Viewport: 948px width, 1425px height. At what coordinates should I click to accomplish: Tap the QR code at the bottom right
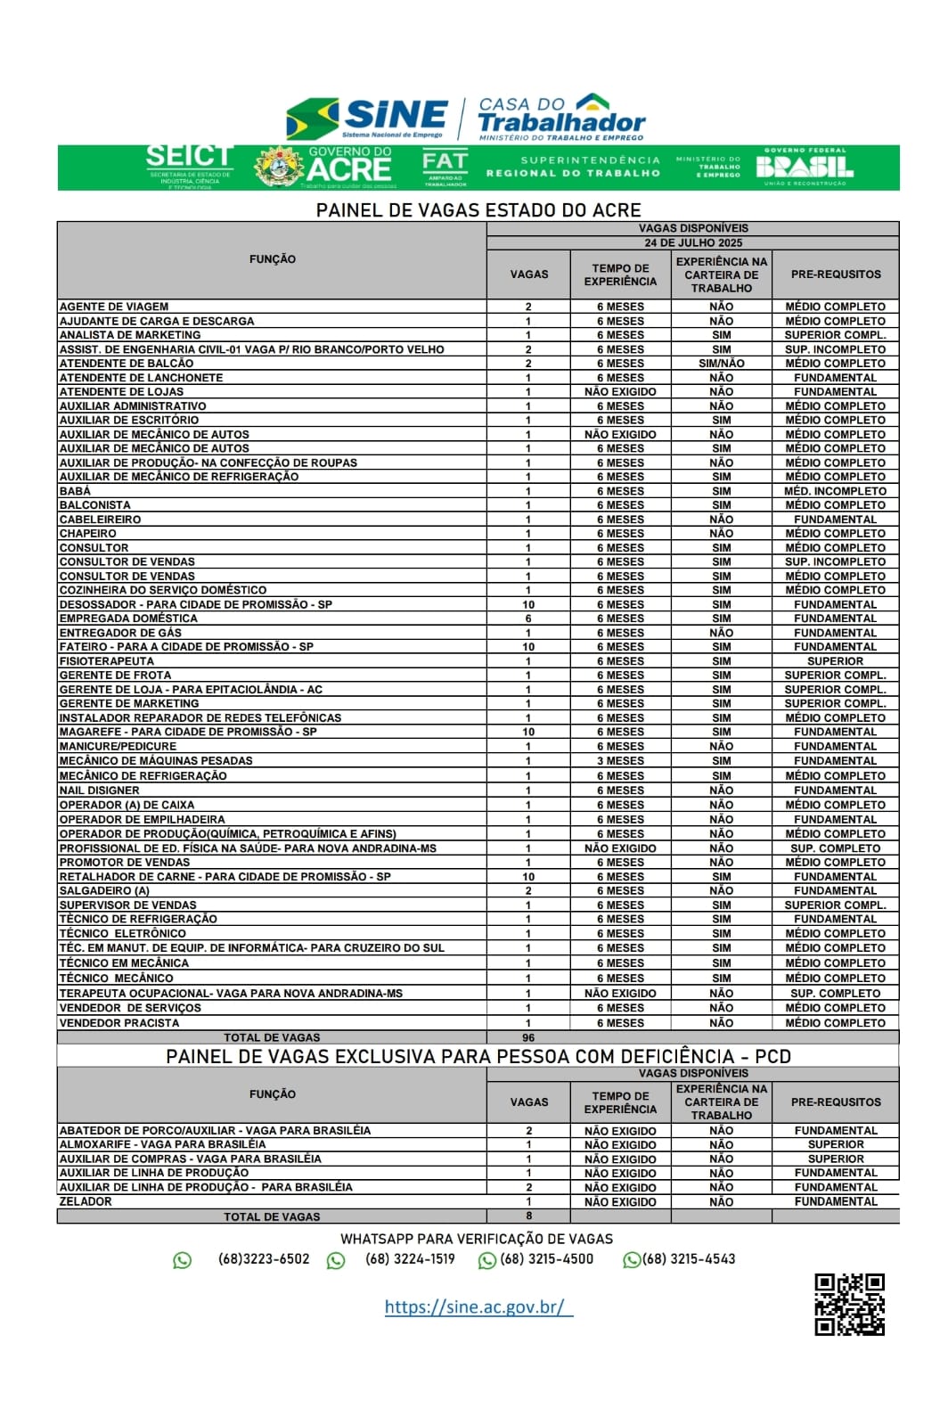[x=849, y=1304]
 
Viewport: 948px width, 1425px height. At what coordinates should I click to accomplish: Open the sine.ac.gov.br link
[x=478, y=1306]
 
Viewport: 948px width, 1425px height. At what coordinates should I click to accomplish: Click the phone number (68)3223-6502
[x=264, y=1259]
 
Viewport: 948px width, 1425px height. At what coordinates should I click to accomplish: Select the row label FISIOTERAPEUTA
[x=106, y=661]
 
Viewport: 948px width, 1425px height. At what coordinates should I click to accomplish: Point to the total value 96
[x=528, y=1037]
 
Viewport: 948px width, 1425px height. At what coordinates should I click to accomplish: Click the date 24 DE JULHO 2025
[x=693, y=242]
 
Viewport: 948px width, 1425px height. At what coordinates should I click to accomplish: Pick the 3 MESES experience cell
[x=620, y=761]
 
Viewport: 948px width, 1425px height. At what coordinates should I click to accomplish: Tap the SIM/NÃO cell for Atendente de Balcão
[x=721, y=364]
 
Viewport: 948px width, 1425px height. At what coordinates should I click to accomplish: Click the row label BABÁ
[x=75, y=491]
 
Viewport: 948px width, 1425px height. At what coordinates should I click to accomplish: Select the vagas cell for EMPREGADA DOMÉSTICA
[x=528, y=618]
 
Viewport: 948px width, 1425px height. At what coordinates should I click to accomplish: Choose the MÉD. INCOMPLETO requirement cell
[x=835, y=491]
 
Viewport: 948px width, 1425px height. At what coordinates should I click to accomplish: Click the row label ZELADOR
[x=86, y=1201]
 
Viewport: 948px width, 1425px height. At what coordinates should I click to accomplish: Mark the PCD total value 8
[x=528, y=1216]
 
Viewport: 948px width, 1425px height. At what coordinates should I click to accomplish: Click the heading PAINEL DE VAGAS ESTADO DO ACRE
[x=478, y=210]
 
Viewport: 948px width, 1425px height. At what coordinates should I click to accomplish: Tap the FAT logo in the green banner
[x=444, y=168]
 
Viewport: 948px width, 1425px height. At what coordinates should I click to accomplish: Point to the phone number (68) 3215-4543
[x=689, y=1259]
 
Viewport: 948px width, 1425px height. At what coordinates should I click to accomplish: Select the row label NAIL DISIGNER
[x=99, y=790]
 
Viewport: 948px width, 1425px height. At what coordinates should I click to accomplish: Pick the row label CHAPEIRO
[x=87, y=534]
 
